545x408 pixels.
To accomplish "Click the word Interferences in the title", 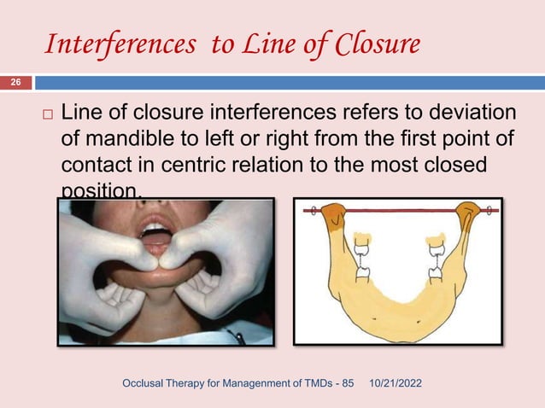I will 120,44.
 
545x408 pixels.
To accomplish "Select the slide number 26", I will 15,83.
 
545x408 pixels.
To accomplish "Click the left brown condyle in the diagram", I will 333,217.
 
